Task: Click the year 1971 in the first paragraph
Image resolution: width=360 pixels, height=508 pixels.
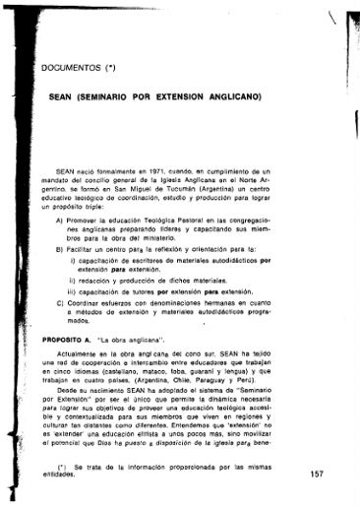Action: (150, 170)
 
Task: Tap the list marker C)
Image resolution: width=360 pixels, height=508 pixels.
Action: (60, 305)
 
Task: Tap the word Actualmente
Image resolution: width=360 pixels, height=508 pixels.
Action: (80, 351)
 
